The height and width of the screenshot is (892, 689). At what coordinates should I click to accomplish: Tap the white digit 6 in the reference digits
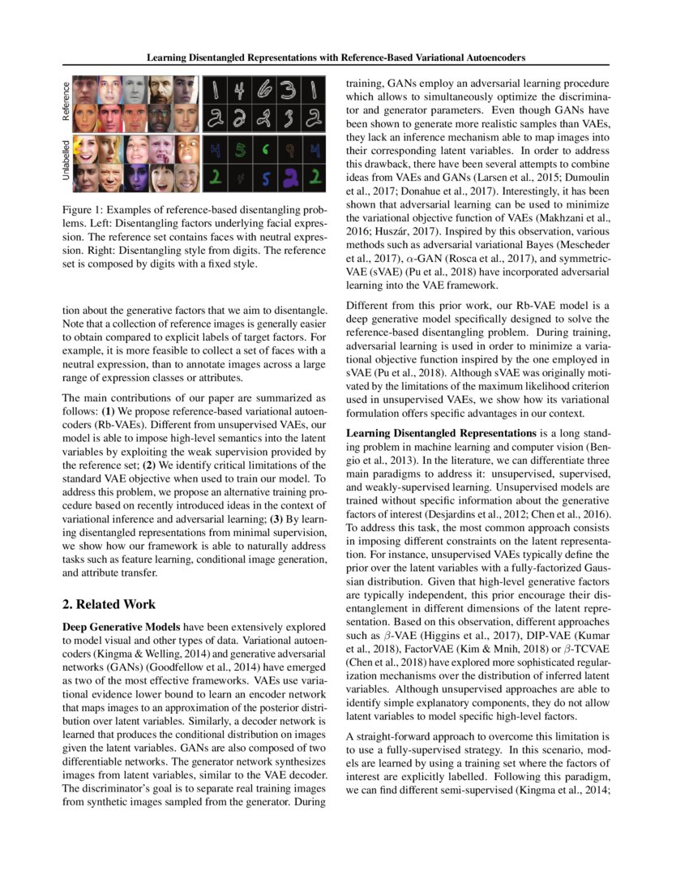[264, 92]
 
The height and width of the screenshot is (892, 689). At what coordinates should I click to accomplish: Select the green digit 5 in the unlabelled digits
[240, 150]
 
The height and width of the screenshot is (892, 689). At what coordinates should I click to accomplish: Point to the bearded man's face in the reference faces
[159, 90]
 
